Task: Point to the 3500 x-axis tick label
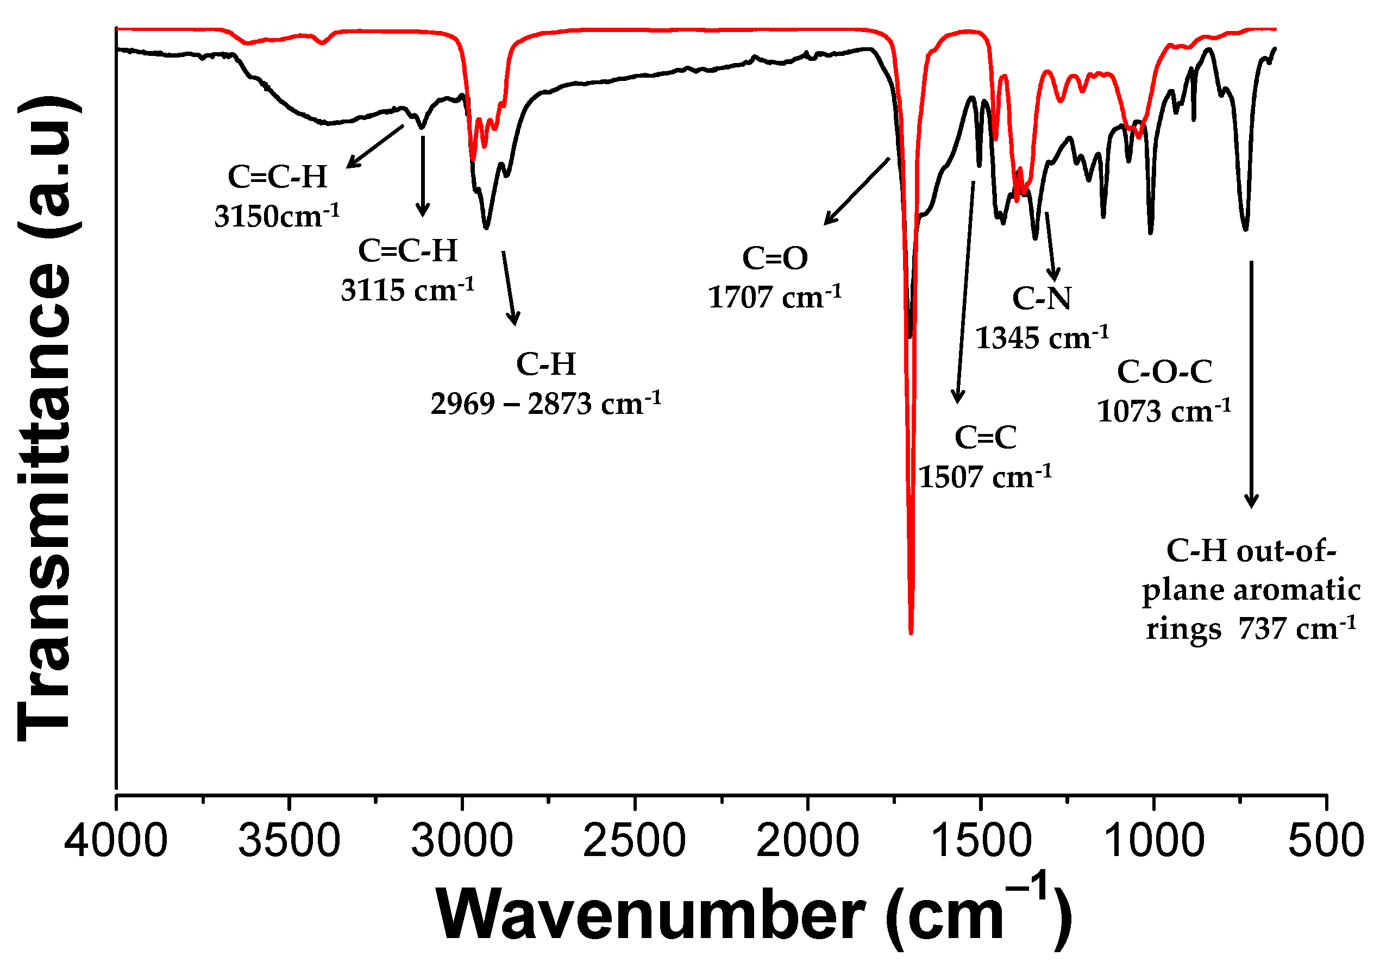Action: [289, 841]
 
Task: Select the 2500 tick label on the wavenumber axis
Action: [635, 841]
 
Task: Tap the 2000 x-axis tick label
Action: [807, 841]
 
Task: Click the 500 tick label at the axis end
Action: [1326, 841]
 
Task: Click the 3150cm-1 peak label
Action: [277, 216]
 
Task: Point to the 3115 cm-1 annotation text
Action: [407, 290]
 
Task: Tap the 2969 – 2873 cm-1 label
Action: [545, 404]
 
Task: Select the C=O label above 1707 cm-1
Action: [775, 259]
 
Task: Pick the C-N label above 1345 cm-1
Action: [1042, 298]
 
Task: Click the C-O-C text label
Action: [1164, 372]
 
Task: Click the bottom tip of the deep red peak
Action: [911, 633]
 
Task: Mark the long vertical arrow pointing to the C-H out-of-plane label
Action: [1251, 385]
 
